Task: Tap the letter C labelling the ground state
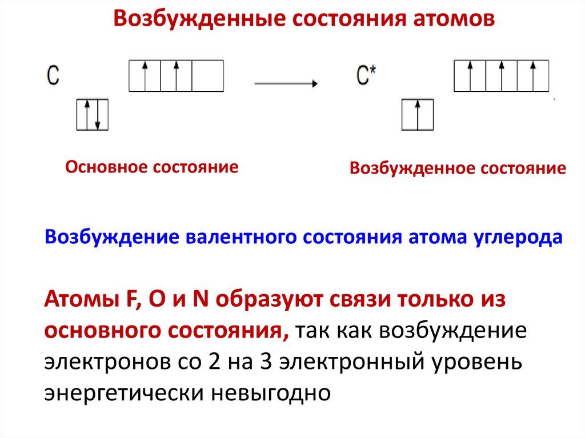(x=53, y=76)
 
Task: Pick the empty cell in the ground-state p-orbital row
(x=207, y=76)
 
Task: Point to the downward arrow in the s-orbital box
(x=98, y=114)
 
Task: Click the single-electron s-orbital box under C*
(x=418, y=114)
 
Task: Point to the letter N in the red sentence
(x=199, y=300)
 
